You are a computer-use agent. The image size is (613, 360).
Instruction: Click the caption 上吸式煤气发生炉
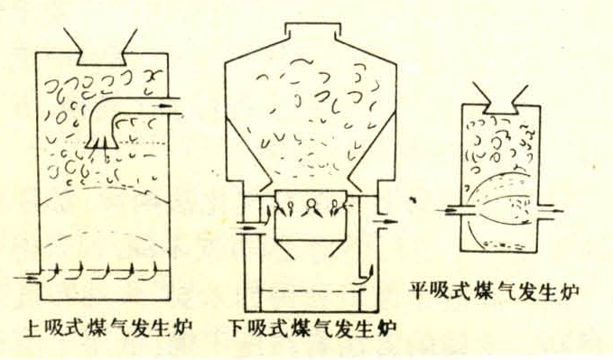point(108,328)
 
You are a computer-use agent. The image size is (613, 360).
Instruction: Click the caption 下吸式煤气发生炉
point(311,328)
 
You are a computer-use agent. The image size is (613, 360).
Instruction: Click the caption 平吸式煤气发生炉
point(494,291)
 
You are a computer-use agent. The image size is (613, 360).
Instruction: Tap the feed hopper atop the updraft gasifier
point(100,47)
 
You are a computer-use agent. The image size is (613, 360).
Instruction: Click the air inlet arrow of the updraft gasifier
point(26,278)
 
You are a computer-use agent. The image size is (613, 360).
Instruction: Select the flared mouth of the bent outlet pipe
point(101,143)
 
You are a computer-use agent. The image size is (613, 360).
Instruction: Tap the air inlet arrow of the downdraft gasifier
point(247,227)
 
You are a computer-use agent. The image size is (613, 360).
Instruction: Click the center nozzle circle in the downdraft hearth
point(311,203)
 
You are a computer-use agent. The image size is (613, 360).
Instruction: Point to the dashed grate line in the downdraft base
point(311,291)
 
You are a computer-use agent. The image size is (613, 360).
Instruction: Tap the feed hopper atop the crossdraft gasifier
point(500,99)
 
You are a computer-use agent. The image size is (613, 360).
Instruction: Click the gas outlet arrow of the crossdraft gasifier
point(552,211)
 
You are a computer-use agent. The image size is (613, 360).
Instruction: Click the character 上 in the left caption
point(33,328)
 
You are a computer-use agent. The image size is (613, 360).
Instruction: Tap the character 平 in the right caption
point(419,291)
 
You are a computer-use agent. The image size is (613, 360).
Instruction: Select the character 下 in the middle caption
point(237,328)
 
